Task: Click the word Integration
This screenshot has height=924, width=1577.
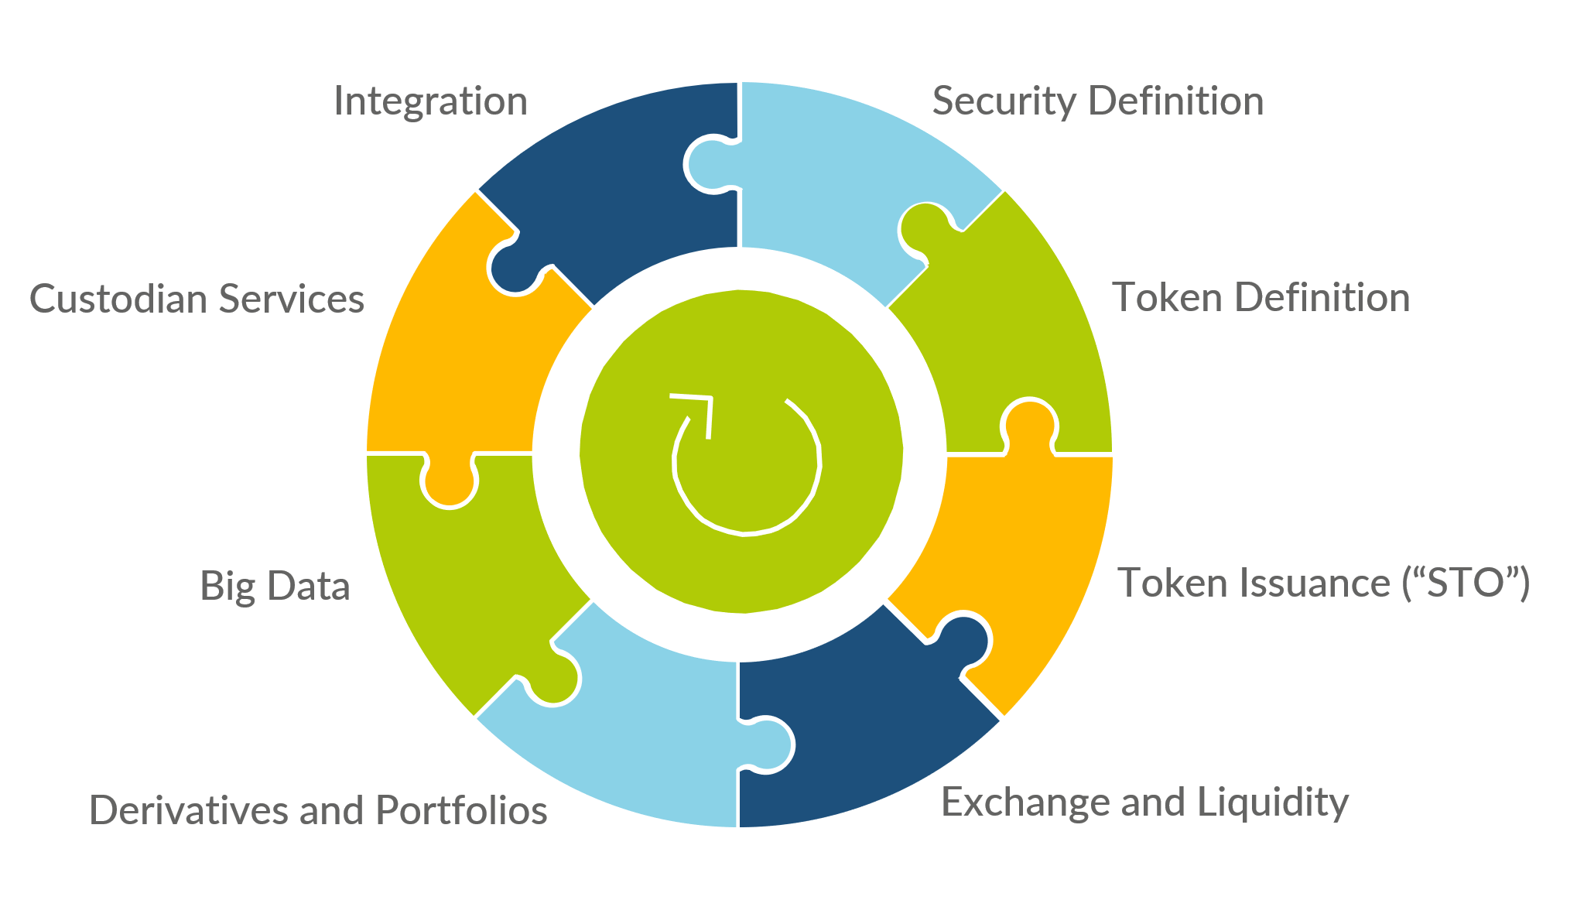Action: coord(430,101)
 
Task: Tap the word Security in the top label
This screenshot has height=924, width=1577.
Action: coord(1004,101)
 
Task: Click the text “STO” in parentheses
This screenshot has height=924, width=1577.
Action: coord(1466,583)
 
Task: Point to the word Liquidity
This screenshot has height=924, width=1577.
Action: coord(1273,803)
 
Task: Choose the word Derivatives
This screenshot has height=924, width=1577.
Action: coord(188,810)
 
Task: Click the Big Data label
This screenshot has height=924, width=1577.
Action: coord(275,586)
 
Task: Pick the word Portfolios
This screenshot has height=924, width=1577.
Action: coord(461,810)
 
